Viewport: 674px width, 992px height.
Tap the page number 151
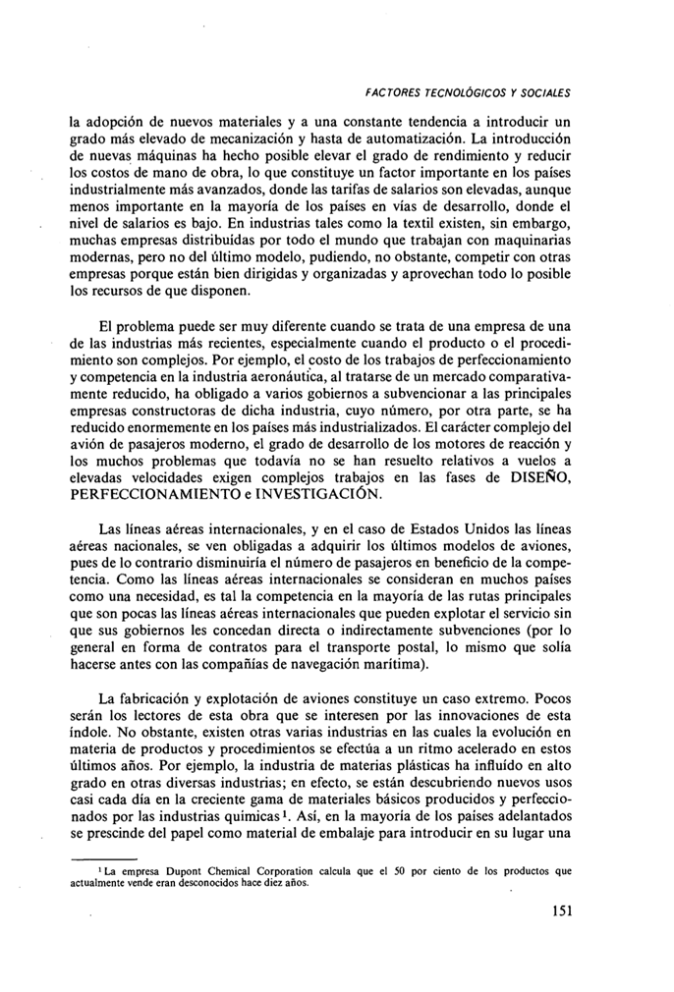[557, 910]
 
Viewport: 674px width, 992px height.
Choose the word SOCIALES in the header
[540, 93]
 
